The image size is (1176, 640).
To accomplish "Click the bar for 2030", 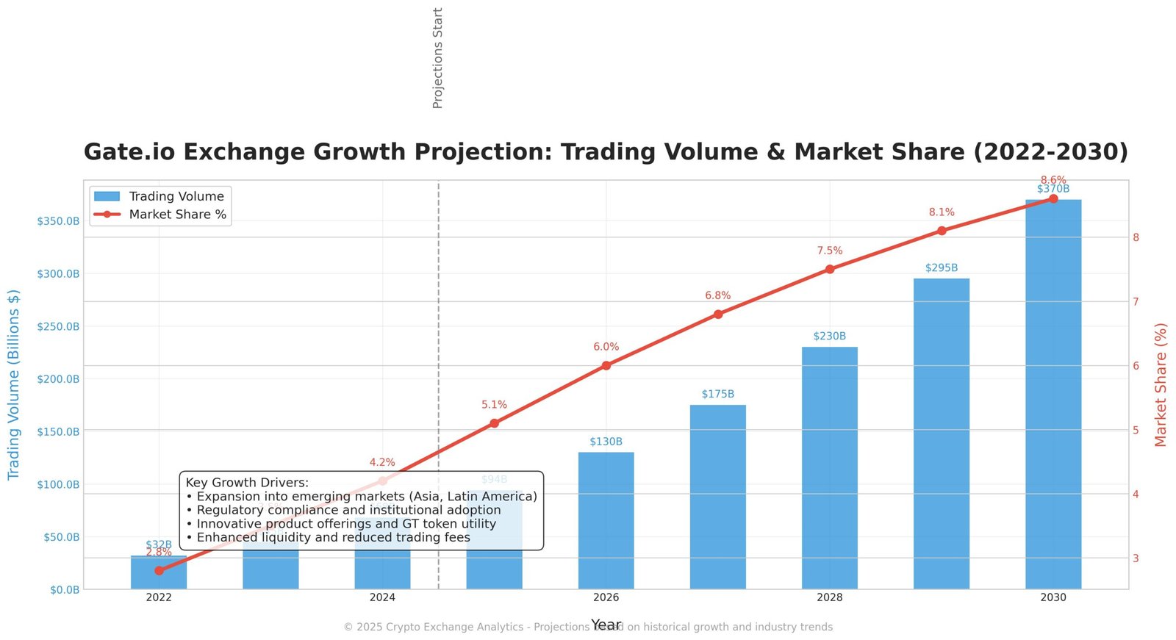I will [x=1053, y=397].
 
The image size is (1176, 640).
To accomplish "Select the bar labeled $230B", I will [x=829, y=470].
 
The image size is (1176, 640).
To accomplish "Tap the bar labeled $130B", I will [x=606, y=522].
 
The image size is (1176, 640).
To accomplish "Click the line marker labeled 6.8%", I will [x=717, y=314].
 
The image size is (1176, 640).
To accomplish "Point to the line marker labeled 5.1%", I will [x=494, y=423].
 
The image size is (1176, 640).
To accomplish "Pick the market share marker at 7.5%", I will [x=829, y=270].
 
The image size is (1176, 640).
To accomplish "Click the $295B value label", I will [x=941, y=268].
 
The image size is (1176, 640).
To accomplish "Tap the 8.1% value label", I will [x=941, y=212].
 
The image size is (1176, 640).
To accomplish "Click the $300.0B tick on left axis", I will [x=58, y=274].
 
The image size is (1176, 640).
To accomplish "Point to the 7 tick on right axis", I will [x=1136, y=302].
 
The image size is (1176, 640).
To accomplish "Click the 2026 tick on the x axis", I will [x=606, y=597].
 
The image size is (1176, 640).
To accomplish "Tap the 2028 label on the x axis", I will [x=829, y=597].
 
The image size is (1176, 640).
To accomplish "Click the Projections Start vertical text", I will [x=438, y=59].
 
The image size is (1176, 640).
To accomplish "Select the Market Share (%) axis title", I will [x=1161, y=384].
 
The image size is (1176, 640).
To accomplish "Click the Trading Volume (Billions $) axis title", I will [x=14, y=384].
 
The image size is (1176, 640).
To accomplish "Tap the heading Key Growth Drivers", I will [x=247, y=483].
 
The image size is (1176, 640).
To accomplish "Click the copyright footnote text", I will [x=588, y=627].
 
